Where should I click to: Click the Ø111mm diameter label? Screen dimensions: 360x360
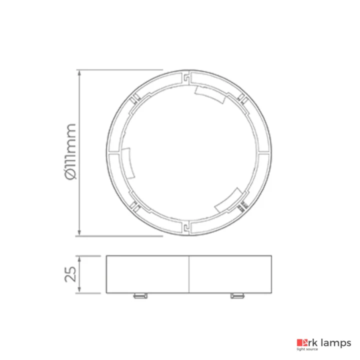70,152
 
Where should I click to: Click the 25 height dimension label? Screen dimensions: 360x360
70,274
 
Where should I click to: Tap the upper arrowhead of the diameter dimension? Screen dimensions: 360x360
79,73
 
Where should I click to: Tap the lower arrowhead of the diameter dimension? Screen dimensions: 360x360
79,232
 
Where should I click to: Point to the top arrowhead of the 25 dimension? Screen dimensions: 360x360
79,259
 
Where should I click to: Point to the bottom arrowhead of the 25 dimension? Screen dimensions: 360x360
79,289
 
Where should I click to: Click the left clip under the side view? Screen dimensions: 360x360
140,296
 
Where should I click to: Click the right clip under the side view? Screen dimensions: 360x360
237,296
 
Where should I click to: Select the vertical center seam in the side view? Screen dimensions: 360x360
188,274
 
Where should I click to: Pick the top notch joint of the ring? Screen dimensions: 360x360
187,78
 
